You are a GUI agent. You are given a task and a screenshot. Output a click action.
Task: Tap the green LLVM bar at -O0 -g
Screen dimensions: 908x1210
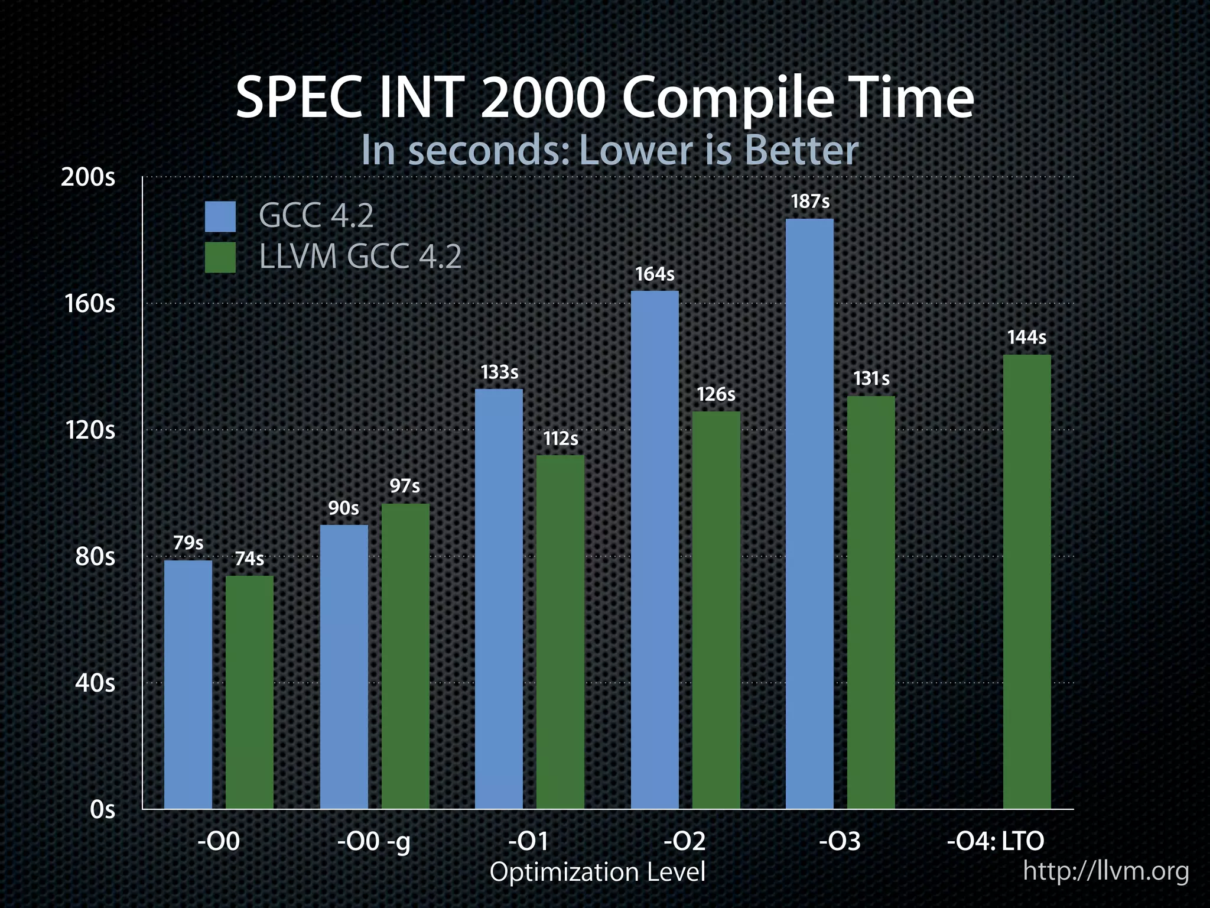click(405, 656)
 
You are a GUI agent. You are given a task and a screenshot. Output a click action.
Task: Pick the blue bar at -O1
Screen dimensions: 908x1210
click(499, 598)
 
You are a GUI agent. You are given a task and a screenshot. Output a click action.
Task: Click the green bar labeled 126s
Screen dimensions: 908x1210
click(716, 609)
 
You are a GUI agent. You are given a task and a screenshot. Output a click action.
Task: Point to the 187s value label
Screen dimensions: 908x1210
click(810, 202)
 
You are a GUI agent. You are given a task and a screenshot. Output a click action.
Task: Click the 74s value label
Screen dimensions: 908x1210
click(249, 559)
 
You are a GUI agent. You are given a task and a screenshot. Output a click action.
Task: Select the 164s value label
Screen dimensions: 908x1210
click(655, 274)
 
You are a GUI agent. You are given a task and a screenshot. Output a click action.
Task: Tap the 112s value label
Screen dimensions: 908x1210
click(561, 439)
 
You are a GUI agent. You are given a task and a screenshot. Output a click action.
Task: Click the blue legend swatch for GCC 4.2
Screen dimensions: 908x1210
click(220, 216)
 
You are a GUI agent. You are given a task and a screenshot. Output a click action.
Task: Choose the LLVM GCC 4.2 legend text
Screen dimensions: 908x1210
click(360, 257)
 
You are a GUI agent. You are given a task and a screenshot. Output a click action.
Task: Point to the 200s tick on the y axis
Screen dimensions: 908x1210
click(89, 177)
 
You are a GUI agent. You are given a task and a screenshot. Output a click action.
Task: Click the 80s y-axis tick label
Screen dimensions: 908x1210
click(95, 557)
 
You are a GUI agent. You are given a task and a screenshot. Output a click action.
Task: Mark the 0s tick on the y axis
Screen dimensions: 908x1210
click(103, 810)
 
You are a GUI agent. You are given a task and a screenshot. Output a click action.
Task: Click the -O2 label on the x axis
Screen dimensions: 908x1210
click(685, 841)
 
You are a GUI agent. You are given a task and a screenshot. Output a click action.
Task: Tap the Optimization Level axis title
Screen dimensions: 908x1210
click(598, 873)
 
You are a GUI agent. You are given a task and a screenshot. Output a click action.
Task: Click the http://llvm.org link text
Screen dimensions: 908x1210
click(1105, 871)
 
